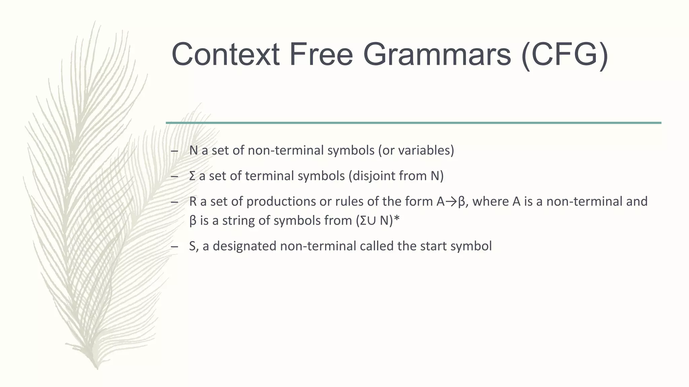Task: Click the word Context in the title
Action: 225,54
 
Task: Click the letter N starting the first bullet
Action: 193,150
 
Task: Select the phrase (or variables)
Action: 416,150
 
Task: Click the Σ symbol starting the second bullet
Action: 192,176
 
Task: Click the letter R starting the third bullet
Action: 193,202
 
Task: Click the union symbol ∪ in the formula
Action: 371,221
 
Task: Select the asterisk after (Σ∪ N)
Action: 397,219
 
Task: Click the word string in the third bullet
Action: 238,221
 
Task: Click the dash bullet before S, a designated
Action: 174,247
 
